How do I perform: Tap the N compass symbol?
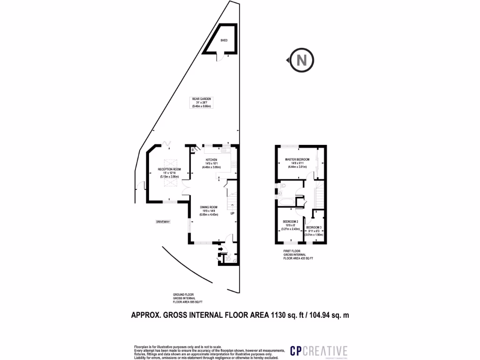[302, 60]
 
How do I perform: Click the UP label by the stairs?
[232, 214]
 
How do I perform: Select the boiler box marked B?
[193, 150]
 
